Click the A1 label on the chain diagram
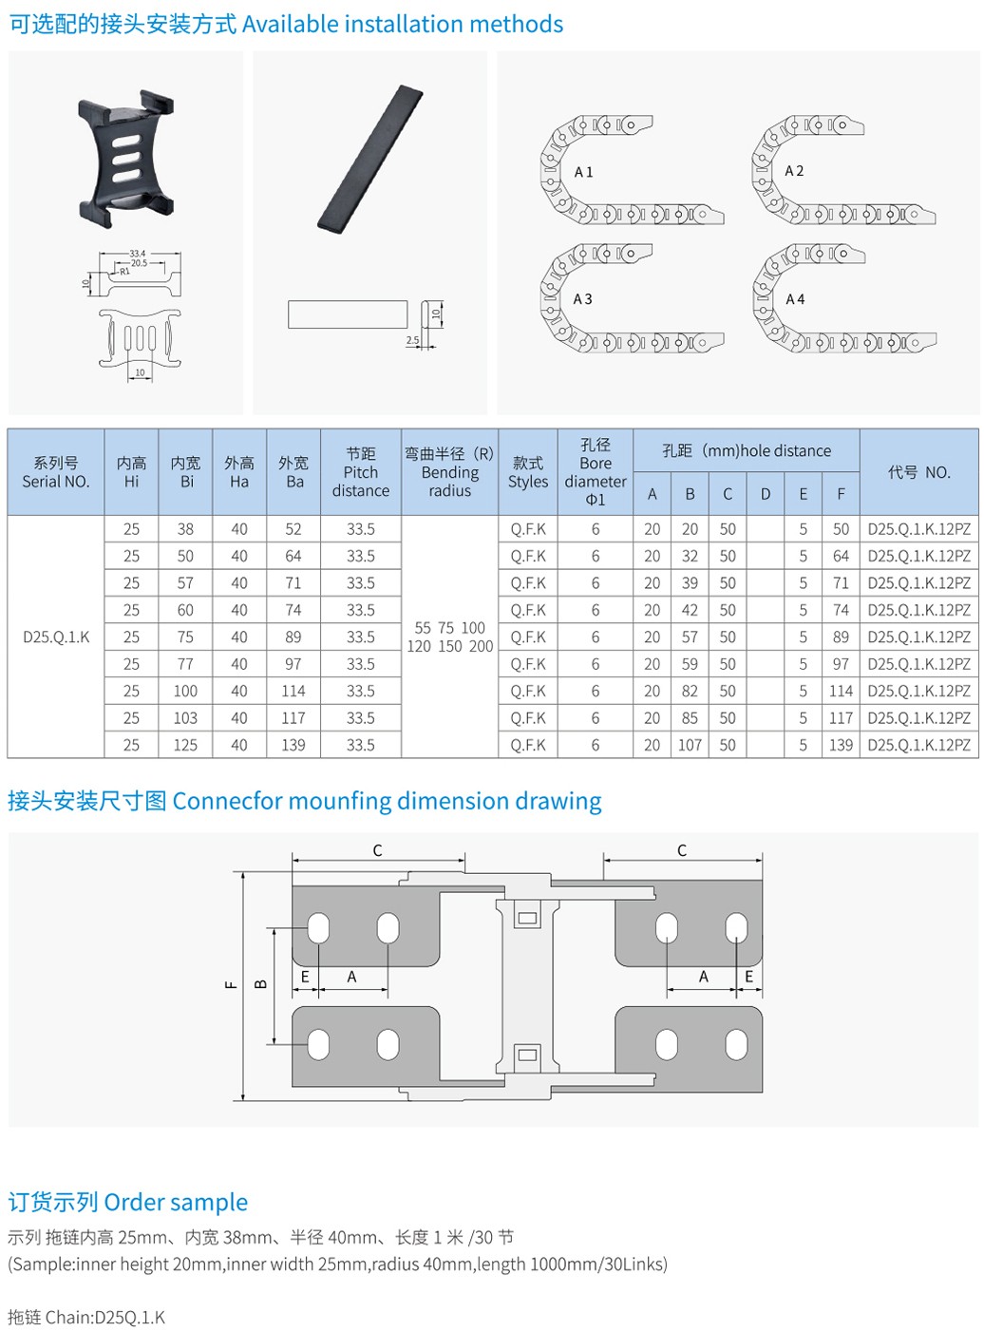pos(583,172)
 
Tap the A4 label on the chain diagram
pos(795,299)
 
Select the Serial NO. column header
pos(56,472)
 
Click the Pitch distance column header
pos(361,472)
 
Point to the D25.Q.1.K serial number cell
pos(56,637)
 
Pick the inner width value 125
pos(185,745)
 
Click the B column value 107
pos(690,745)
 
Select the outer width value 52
pos(293,529)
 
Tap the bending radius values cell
pos(450,637)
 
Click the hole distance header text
pos(747,450)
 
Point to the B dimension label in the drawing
pos(261,984)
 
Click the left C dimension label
pos(377,850)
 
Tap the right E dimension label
pos(748,977)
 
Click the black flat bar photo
pos(370,159)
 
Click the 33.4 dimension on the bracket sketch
pos(138,254)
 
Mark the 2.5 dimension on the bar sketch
pos(412,339)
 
